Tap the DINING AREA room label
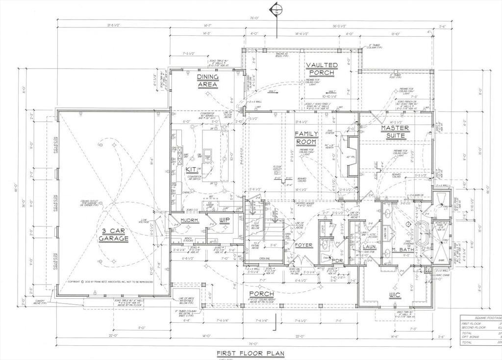(x=208, y=80)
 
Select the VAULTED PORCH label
(x=322, y=69)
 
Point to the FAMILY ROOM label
(x=306, y=138)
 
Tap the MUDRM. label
(x=189, y=221)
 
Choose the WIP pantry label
(x=225, y=220)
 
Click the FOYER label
(x=303, y=245)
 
